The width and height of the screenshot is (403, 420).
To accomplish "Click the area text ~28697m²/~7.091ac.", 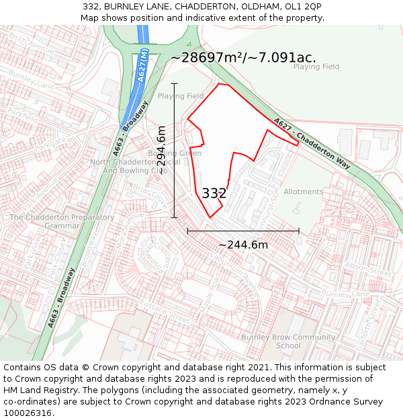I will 243,58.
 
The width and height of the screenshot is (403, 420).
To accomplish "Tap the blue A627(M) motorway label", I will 142,65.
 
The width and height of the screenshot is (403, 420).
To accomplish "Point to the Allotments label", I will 303,192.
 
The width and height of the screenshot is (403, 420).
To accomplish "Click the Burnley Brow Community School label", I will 288,341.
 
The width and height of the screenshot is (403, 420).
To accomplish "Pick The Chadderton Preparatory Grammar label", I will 62,222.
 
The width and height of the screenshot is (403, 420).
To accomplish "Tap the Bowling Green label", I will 175,153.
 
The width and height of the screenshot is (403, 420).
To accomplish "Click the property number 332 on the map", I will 214,194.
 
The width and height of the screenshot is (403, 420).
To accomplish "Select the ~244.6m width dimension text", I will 243,245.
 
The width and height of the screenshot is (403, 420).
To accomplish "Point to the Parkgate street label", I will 51,145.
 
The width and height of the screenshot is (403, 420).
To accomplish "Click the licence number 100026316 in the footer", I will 28,413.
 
